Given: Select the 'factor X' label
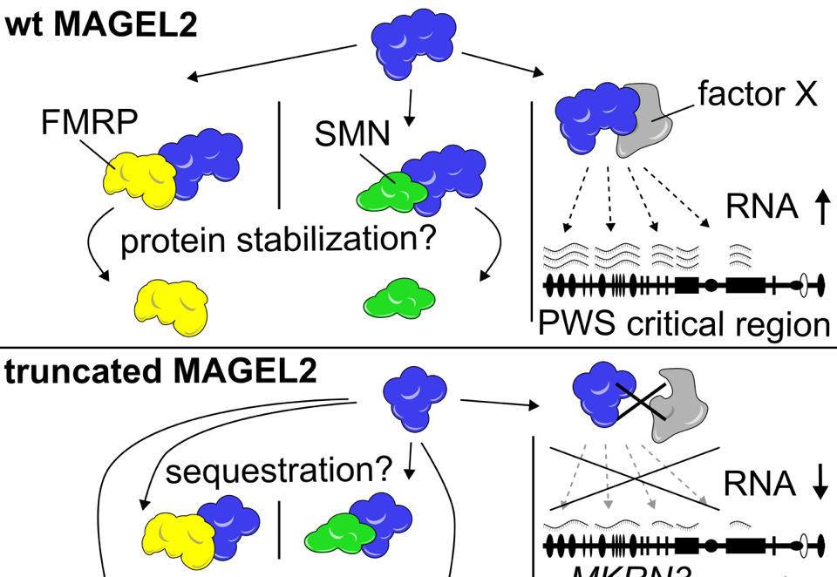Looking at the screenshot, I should (758, 93).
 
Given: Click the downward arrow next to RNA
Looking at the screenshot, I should (820, 485).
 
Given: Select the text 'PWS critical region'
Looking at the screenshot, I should (684, 324).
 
